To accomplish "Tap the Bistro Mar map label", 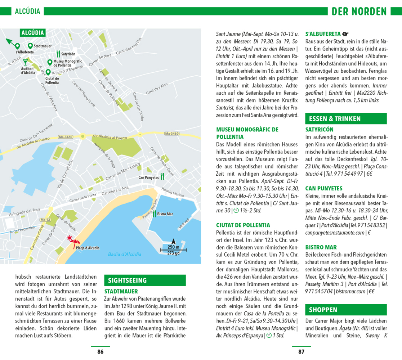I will click(165, 214).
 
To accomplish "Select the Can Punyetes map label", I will click(148, 177).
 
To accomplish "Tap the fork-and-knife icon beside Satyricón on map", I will click(58, 54).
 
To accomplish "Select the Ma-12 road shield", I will click(45, 220).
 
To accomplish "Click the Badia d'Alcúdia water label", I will click(125, 254).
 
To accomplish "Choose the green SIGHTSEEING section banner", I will click(144, 280).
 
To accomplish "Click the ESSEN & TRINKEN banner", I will click(345, 118).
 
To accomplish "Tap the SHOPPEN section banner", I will click(345, 310).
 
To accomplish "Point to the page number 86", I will click(100, 351).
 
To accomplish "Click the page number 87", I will click(301, 351).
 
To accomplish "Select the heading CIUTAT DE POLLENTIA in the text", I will click(243, 225).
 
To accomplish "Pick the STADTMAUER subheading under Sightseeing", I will click(121, 291).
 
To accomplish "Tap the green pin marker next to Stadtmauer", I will click(30, 46).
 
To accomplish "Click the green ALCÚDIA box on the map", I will click(32, 33).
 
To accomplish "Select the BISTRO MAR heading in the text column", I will click(321, 247).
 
